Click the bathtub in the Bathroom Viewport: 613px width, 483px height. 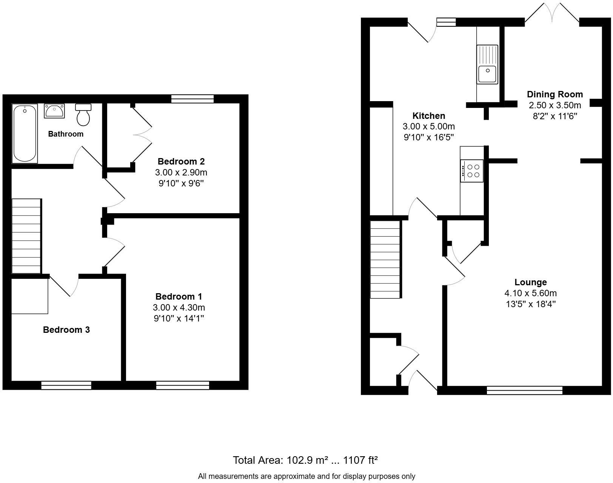pyautogui.click(x=25, y=134)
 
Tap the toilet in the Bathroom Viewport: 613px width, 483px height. pyautogui.click(x=83, y=115)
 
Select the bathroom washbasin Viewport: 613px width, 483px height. pyautogui.click(x=54, y=111)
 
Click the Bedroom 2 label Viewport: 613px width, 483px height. pyautogui.click(x=181, y=162)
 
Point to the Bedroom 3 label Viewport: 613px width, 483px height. pyautogui.click(x=66, y=330)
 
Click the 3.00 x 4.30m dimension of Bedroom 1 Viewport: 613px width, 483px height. pyautogui.click(x=179, y=308)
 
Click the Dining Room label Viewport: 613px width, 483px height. pyautogui.click(x=554, y=94)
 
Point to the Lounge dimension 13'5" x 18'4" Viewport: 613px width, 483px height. pyautogui.click(x=530, y=304)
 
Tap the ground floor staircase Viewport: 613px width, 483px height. pyautogui.click(x=385, y=260)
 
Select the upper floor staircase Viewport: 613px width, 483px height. pyautogui.click(x=26, y=236)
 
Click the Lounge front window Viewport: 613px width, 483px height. pyautogui.click(x=524, y=391)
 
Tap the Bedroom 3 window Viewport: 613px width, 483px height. pyautogui.click(x=66, y=385)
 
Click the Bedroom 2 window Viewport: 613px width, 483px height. pyautogui.click(x=192, y=99)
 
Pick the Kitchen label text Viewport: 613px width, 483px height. pyautogui.click(x=428, y=116)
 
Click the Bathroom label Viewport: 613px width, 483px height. pyautogui.click(x=66, y=134)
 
